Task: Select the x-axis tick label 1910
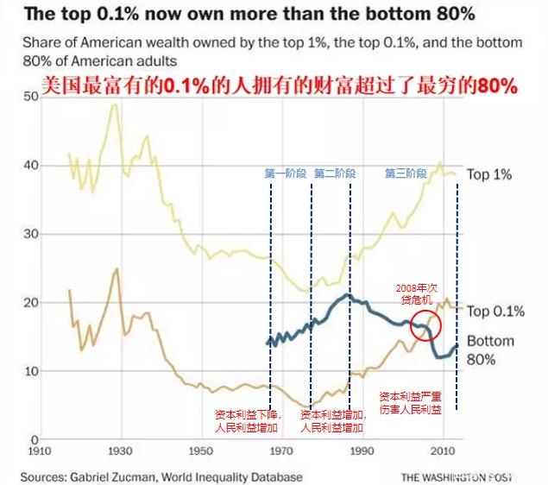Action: point(40,451)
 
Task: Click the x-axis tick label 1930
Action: point(121,451)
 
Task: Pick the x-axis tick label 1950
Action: point(201,451)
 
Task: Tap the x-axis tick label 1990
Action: point(362,451)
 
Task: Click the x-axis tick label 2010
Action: point(444,451)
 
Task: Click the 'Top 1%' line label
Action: point(489,175)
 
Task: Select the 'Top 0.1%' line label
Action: point(495,312)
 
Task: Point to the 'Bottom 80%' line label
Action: point(490,350)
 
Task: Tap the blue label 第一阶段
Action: point(286,173)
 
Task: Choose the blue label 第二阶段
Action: point(335,173)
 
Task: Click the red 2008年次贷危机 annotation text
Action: point(419,294)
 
